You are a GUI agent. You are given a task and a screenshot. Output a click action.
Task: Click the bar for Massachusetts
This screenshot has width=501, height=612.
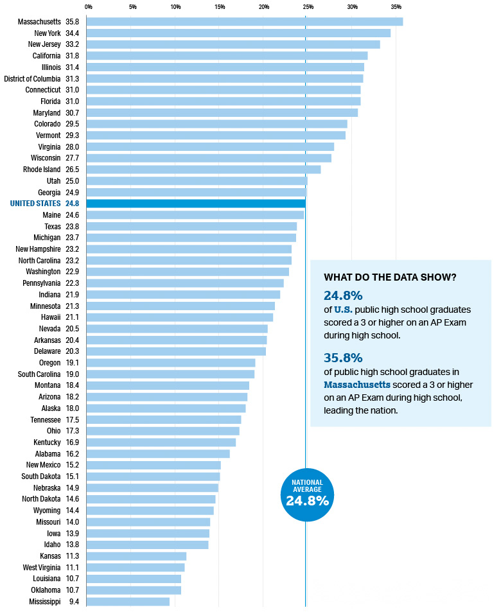pyautogui.click(x=244, y=22)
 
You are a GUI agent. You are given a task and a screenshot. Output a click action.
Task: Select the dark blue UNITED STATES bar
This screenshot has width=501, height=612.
pyautogui.click(x=196, y=204)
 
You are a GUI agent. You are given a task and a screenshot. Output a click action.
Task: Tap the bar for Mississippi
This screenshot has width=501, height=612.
pyautogui.click(x=128, y=602)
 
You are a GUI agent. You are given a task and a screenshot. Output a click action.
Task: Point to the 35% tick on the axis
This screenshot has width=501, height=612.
pyautogui.click(x=396, y=7)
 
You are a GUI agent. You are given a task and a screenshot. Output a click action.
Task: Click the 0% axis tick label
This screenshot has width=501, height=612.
pyautogui.click(x=88, y=7)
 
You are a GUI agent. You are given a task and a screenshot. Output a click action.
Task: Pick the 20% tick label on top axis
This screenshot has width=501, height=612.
pyautogui.click(x=264, y=7)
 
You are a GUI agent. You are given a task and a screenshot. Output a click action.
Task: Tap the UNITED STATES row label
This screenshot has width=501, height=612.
pyautogui.click(x=35, y=204)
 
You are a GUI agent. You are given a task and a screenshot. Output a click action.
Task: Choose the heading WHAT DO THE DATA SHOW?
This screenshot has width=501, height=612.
pyautogui.click(x=390, y=277)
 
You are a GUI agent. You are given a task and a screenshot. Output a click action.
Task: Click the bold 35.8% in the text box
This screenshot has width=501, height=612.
pyautogui.click(x=343, y=357)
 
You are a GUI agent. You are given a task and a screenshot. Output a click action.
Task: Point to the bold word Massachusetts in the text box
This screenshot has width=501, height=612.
pyautogui.click(x=357, y=385)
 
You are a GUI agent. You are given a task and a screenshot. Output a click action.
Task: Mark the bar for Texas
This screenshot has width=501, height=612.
pyautogui.click(x=191, y=226)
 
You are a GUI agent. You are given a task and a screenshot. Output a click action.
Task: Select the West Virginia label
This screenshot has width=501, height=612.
pyautogui.click(x=42, y=568)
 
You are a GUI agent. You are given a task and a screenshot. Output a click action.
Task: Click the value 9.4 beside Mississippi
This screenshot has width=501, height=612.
pyautogui.click(x=74, y=602)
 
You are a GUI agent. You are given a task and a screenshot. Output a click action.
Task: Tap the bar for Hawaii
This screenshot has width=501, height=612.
pyautogui.click(x=180, y=317)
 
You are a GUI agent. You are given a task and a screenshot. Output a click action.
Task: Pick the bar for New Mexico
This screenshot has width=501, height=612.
pyautogui.click(x=154, y=465)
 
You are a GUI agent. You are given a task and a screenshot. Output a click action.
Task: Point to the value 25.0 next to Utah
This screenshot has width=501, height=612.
pyautogui.click(x=73, y=181)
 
